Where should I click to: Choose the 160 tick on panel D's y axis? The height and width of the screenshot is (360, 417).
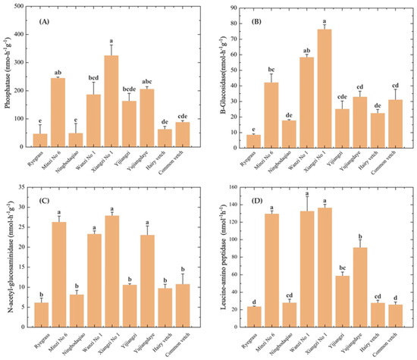point(230,187)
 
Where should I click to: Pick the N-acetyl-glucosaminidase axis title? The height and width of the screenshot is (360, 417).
point(7,257)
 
